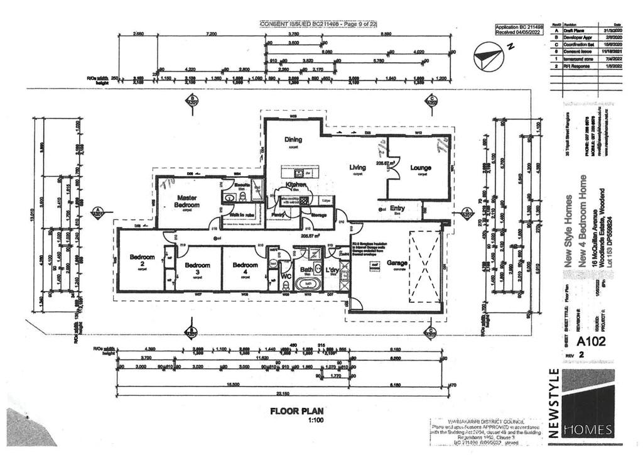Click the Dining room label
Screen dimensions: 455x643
(293, 140)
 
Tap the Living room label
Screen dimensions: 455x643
(358, 167)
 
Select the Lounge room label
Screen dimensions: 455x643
(421, 168)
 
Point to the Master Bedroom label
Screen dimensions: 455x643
(187, 201)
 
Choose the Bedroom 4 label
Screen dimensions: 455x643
(246, 268)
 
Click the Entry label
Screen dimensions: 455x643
(397, 208)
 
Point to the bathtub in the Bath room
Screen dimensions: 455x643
(307, 284)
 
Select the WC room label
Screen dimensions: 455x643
(285, 275)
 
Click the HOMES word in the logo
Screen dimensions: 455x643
(588, 430)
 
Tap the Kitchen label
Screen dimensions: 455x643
(295, 184)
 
